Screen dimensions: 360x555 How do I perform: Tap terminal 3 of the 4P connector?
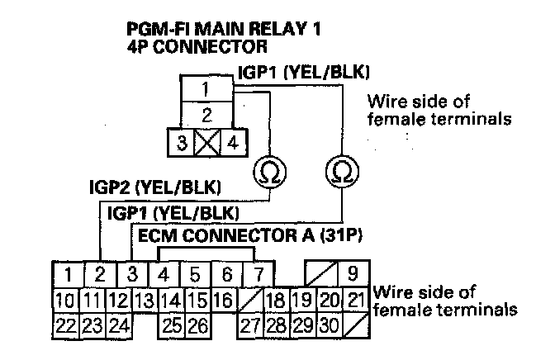[181, 141]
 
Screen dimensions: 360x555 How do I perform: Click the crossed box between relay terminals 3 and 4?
[206, 141]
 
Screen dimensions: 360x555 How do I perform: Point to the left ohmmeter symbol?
[268, 171]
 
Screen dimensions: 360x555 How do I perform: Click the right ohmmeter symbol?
[339, 171]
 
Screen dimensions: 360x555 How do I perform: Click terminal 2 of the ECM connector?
[98, 272]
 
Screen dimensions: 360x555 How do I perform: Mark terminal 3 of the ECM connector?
[132, 272]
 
